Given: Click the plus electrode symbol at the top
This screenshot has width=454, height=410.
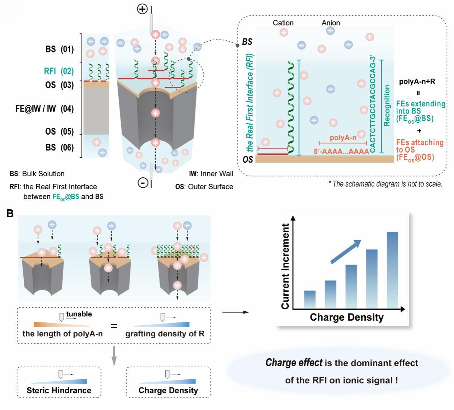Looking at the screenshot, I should click(x=142, y=9).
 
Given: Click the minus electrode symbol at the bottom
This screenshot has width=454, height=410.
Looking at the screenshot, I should click(x=143, y=183).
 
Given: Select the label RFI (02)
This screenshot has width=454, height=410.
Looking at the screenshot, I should click(x=59, y=71).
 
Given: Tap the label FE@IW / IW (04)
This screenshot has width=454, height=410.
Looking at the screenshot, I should click(x=44, y=108).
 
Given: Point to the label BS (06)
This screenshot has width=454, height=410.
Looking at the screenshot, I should click(x=60, y=148).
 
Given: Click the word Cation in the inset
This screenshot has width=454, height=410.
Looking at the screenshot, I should click(x=283, y=23).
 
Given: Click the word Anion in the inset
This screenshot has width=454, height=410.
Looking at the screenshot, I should click(x=331, y=23).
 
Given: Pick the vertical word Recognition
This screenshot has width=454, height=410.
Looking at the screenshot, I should click(x=387, y=106).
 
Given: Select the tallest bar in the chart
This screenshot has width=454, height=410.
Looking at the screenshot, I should click(x=392, y=270).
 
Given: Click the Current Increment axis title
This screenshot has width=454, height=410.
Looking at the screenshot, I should click(x=285, y=266).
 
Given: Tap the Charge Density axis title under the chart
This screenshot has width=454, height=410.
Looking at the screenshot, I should click(x=346, y=317).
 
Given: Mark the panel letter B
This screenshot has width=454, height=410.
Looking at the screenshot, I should click(x=10, y=213).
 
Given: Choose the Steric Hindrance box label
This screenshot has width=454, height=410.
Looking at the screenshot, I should click(x=59, y=390).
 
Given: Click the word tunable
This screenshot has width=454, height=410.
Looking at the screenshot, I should click(x=79, y=314).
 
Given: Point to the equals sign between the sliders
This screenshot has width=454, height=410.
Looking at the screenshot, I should click(x=114, y=326).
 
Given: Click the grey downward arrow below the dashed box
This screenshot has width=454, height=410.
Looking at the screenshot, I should click(x=114, y=356).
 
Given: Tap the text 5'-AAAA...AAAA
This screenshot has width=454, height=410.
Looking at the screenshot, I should click(x=341, y=152).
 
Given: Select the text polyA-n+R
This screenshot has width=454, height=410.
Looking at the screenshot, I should click(x=417, y=81).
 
